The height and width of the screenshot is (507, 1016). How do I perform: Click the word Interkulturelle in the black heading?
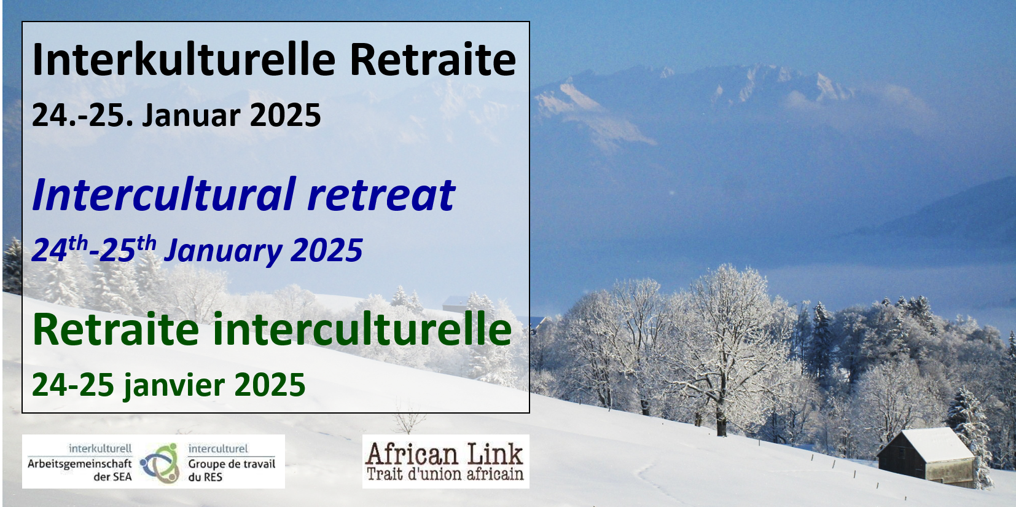[x=184, y=60]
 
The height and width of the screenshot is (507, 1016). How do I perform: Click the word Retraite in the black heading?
[x=432, y=60]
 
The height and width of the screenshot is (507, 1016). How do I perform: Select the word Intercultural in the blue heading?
[x=164, y=194]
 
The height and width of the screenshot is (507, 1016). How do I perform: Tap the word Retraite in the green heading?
[x=115, y=329]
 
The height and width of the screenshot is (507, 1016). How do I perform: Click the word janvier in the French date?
[x=174, y=385]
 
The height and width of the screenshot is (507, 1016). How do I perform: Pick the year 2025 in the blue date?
[x=326, y=250]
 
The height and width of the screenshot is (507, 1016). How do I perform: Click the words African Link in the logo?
[x=445, y=454]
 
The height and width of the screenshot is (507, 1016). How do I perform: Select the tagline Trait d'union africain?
[x=445, y=474]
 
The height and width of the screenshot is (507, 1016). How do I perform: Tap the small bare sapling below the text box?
[x=408, y=417]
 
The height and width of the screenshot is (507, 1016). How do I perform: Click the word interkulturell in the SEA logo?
[x=100, y=449]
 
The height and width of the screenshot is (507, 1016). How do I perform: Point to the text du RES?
[x=205, y=477]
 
